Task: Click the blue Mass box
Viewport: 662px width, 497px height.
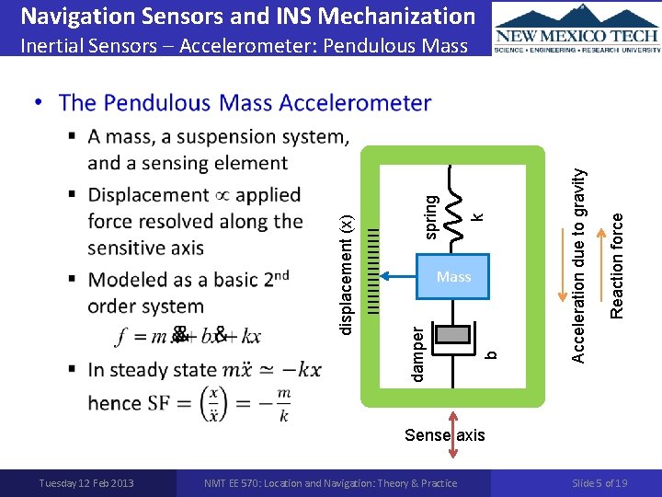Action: pos(453,276)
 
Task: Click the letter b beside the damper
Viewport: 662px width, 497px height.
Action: pos(491,353)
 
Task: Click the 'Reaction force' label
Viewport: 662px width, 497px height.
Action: pos(618,266)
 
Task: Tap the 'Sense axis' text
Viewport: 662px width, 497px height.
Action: pos(445,434)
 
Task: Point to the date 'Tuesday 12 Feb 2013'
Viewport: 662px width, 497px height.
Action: pos(86,483)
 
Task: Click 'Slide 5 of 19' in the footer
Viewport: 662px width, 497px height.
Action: pos(599,483)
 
